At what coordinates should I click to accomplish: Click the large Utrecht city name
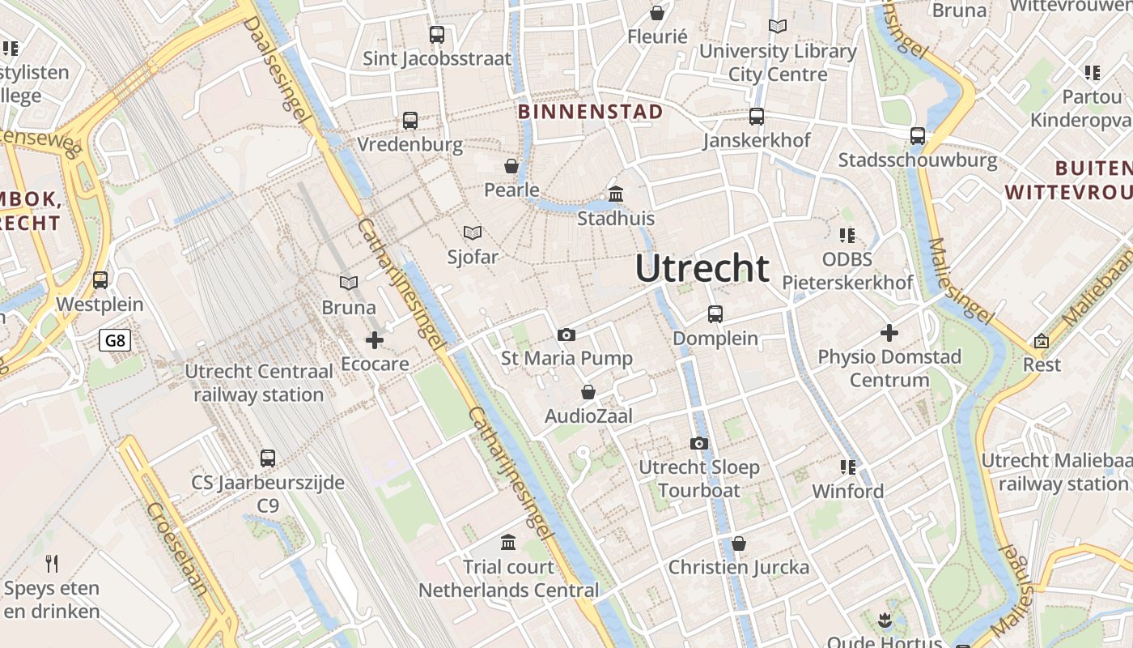[x=702, y=268]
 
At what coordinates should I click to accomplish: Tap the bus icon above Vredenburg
[x=410, y=121]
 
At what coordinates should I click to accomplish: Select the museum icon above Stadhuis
[x=616, y=194]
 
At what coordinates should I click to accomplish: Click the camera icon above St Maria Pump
[x=566, y=335]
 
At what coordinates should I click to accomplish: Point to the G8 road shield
[x=115, y=339]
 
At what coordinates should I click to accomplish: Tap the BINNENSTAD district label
[x=590, y=111]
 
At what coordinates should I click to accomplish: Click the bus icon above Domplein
[x=715, y=313]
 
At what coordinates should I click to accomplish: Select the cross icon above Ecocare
[x=375, y=340]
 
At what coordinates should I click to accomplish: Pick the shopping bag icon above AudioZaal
[x=588, y=393]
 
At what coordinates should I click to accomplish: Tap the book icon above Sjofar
[x=473, y=232]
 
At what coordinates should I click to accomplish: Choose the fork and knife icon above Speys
[x=52, y=564]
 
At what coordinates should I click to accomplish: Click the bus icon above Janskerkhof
[x=757, y=117]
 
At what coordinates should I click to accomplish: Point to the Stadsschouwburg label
[x=918, y=160]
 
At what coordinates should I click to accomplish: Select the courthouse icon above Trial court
[x=508, y=542]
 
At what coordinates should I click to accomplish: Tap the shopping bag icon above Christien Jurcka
[x=738, y=544]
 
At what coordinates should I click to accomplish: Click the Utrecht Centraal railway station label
[x=259, y=383]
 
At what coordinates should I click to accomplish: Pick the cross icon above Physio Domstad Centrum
[x=889, y=333]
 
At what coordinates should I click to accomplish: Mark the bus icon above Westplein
[x=100, y=280]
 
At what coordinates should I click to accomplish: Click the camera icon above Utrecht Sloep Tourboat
[x=699, y=443]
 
